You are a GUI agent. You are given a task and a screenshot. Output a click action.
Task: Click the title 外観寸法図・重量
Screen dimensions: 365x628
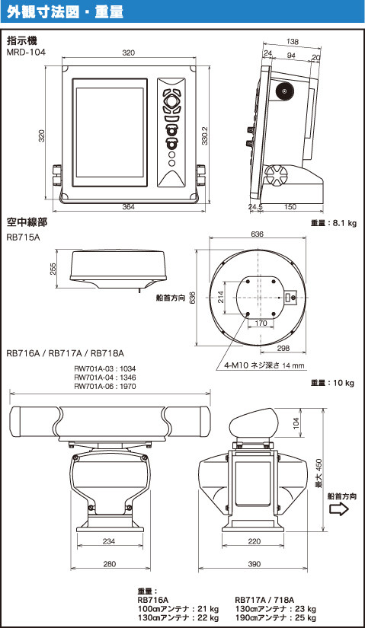[65, 11]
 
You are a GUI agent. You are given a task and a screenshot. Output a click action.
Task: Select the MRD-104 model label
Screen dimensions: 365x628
[26, 52]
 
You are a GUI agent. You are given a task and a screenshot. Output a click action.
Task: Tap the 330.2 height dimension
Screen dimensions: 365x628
[204, 135]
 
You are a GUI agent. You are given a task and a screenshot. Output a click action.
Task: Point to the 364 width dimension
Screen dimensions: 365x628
[128, 206]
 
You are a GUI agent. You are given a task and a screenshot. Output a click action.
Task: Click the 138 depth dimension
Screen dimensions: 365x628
[293, 42]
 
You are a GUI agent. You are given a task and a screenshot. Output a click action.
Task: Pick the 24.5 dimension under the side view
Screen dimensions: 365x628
[255, 206]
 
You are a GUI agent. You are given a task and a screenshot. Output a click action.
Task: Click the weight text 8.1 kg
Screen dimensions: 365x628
[344, 223]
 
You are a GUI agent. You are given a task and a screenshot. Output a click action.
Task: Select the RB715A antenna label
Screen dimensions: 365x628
[24, 237]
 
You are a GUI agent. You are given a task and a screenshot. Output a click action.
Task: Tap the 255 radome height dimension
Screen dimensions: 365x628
[53, 269]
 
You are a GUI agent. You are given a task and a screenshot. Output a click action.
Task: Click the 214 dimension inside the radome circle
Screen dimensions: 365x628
[220, 297]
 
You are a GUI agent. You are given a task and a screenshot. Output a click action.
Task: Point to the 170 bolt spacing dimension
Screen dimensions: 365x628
[261, 323]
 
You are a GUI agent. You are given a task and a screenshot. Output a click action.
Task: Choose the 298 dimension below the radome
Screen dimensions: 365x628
[283, 348]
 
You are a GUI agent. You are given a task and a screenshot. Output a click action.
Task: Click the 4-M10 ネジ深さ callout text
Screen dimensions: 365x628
[264, 365]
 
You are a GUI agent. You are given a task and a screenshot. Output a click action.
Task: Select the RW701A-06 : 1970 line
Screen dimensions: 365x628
[105, 386]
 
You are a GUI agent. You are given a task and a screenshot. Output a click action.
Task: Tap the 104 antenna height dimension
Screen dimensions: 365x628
[296, 423]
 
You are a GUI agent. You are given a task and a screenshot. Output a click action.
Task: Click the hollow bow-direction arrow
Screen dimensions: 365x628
[339, 509]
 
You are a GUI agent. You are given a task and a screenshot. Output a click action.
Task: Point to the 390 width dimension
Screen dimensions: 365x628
[254, 563]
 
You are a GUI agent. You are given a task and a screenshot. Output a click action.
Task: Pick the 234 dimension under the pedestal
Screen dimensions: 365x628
[109, 541]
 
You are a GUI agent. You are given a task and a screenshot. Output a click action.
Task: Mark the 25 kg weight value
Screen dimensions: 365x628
[307, 617]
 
